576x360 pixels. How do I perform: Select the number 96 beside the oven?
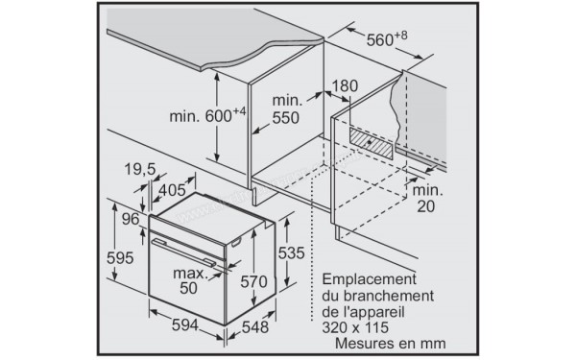pyautogui.click(x=131, y=219)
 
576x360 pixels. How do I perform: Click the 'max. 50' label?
pyautogui.click(x=191, y=280)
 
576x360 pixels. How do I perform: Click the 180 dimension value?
pyautogui.click(x=345, y=87)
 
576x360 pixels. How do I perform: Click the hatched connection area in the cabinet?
pyautogui.click(x=370, y=144)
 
